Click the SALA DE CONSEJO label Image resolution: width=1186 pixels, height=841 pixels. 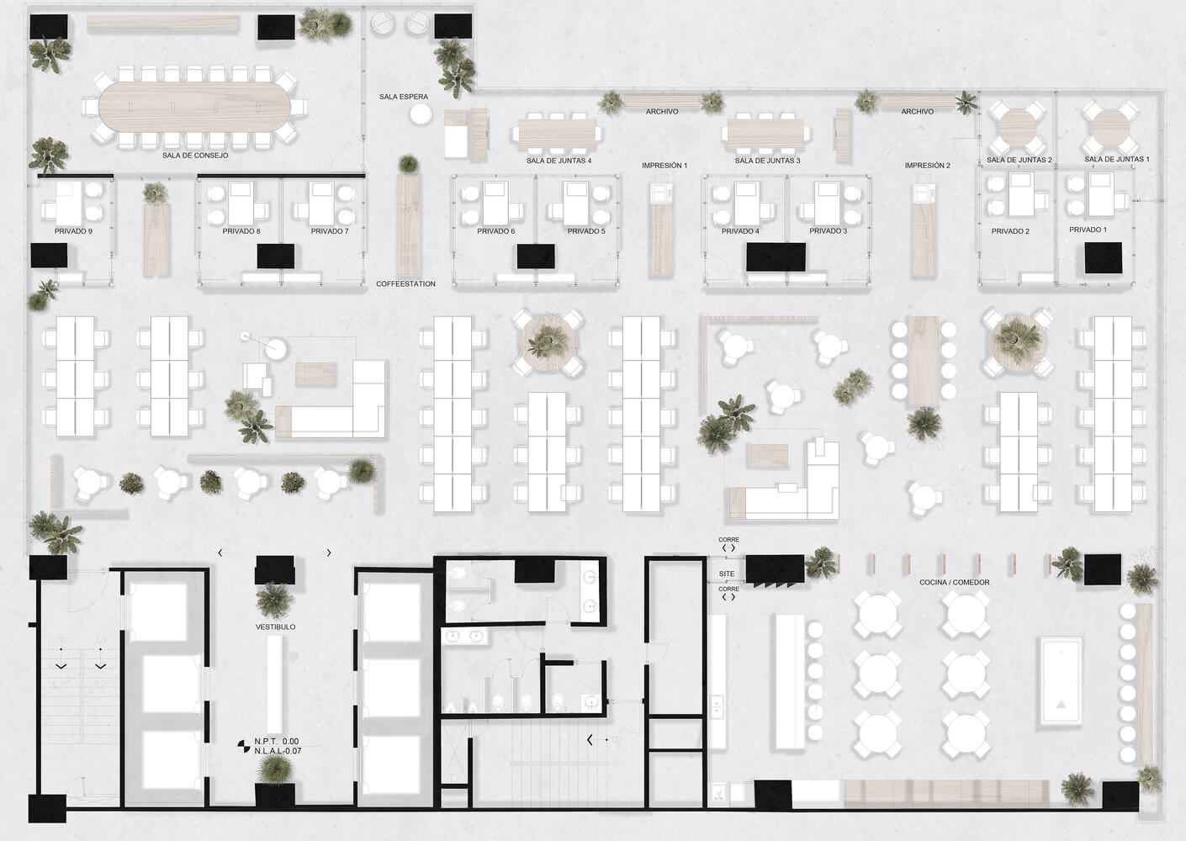195,156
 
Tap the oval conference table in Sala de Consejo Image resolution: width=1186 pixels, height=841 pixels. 194,107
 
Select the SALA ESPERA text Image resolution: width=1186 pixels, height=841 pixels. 404,97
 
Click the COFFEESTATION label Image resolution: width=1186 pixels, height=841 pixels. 405,283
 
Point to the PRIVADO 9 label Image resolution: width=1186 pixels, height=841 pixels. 73,231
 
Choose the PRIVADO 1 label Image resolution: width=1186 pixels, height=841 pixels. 1088,230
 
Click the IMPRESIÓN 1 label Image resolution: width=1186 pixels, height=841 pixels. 664,166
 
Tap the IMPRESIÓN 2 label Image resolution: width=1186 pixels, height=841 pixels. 928,166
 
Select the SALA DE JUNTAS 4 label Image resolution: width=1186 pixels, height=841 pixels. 559,161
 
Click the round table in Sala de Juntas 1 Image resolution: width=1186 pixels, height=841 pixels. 1111,128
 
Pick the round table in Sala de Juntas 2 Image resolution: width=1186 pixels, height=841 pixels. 1017,128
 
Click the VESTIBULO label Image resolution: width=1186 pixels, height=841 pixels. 275,627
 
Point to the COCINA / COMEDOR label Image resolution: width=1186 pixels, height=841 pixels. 954,582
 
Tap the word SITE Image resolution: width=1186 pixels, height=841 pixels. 727,574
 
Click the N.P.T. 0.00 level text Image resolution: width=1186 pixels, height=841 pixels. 277,742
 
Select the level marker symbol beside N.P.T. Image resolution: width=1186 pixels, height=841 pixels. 244,746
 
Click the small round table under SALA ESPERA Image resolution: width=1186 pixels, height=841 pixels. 421,114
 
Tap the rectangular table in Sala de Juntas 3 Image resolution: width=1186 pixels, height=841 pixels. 765,134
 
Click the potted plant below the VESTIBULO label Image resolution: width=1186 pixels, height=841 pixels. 274,769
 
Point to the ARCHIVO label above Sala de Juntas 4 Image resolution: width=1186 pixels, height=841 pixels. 662,112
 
